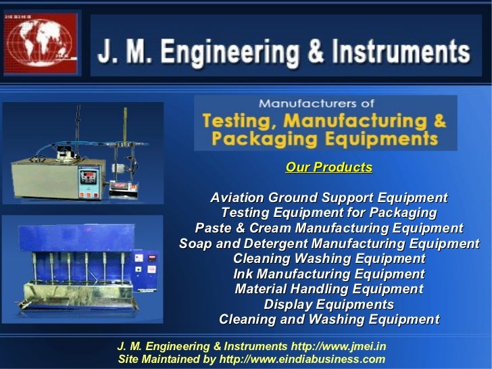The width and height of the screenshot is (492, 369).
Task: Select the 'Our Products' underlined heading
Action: point(328,167)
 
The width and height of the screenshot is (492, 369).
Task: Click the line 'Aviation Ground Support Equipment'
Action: point(328,198)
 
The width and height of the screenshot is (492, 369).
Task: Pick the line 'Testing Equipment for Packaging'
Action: point(328,213)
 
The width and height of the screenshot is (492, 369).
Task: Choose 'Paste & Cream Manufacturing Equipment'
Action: point(328,228)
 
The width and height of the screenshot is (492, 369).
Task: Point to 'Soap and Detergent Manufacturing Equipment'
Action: point(328,243)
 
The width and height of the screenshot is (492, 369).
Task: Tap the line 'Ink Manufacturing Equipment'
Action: point(328,274)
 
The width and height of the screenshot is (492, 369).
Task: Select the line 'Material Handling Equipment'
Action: point(328,289)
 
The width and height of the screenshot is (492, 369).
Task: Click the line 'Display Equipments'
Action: point(328,305)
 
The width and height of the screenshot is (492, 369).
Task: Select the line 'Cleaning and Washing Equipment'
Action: point(328,320)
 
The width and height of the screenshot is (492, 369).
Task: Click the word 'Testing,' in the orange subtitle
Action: point(240,122)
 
